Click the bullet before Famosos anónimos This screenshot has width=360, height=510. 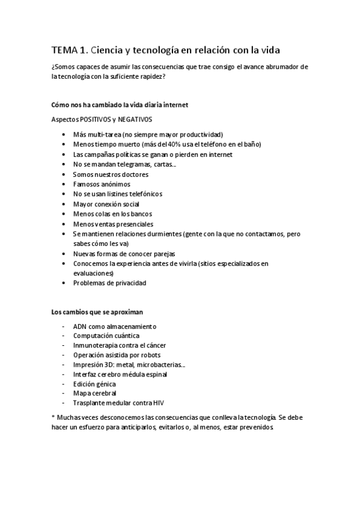pyautogui.click(x=64, y=184)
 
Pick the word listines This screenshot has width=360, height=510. pyautogui.click(x=115, y=194)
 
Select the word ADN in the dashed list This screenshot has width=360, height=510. pyautogui.click(x=80, y=326)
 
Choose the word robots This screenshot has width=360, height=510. pyautogui.click(x=151, y=355)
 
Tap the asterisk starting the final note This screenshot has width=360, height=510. pyautogui.click(x=53, y=416)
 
